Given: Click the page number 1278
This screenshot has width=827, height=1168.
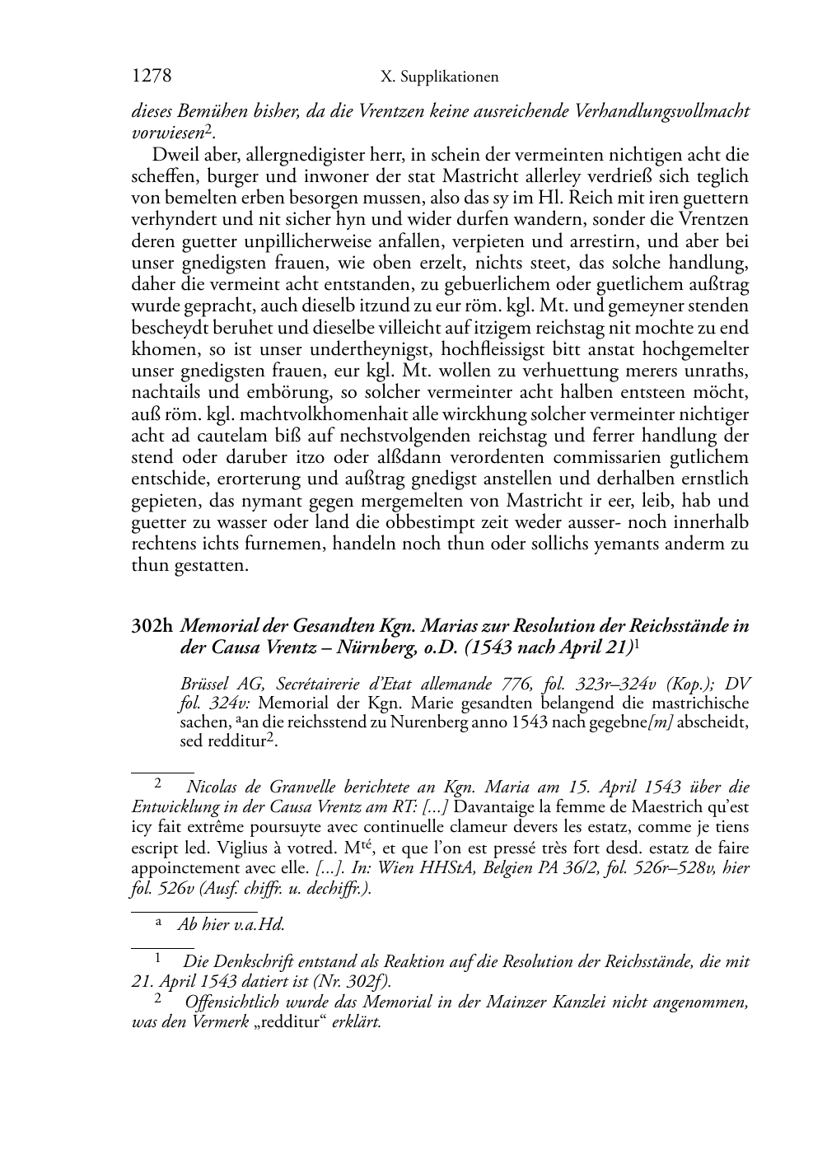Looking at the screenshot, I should [x=151, y=77].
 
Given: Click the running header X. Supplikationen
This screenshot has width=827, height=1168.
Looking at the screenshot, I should [x=440, y=77].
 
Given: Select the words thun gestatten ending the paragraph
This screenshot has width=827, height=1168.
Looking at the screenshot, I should [x=189, y=566].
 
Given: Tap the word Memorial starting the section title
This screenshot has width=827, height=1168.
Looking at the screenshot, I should [x=215, y=626].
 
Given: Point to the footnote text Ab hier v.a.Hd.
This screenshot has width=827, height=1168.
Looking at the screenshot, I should [x=231, y=924].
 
